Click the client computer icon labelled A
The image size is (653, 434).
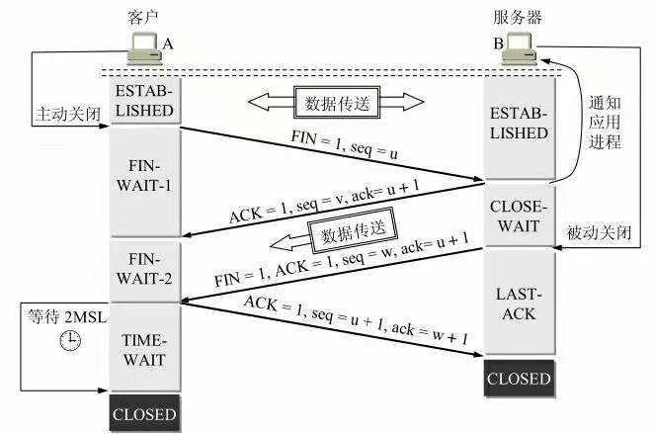(x=144, y=48)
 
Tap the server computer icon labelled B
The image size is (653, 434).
(x=519, y=48)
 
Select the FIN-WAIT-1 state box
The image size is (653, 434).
(x=144, y=182)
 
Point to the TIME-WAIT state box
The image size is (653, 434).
(x=144, y=349)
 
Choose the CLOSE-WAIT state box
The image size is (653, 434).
(x=519, y=216)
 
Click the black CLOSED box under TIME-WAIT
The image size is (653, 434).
(x=144, y=413)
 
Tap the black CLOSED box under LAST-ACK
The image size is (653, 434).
(x=519, y=379)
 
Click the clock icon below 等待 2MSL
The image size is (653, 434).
(x=70, y=340)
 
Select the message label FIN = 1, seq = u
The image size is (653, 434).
(x=344, y=144)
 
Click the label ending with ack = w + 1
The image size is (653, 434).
(x=356, y=319)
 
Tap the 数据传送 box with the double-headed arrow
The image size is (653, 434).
(x=337, y=103)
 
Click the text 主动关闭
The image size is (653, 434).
(x=68, y=114)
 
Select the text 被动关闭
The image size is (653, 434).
(x=599, y=232)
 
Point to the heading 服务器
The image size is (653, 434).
(x=518, y=18)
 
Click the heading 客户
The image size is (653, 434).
(x=143, y=18)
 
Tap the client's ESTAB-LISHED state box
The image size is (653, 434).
(x=144, y=101)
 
